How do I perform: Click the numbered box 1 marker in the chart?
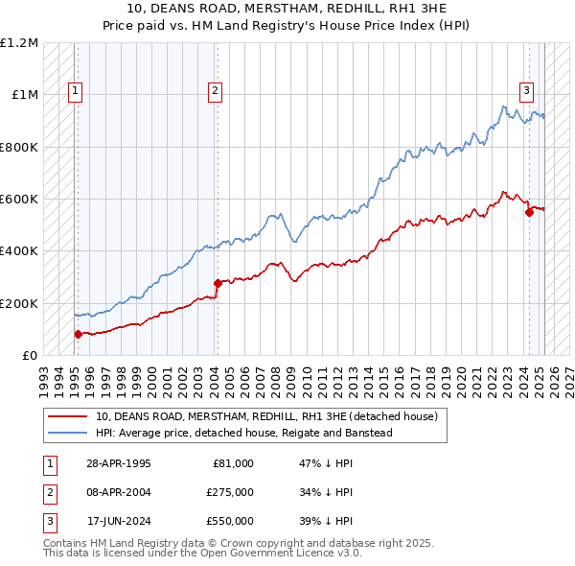point(75,92)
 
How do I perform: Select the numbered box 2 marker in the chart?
point(216,92)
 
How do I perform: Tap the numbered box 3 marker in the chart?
point(527,92)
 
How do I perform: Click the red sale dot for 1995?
point(78,334)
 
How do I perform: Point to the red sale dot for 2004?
point(218,283)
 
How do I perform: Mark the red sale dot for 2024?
point(529,212)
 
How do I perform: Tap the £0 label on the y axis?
point(29,355)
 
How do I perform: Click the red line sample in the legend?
point(67,416)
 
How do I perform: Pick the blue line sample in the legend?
point(67,433)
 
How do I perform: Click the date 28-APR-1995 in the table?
point(118,463)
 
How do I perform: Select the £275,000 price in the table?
point(229,492)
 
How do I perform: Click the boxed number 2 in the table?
point(49,492)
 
